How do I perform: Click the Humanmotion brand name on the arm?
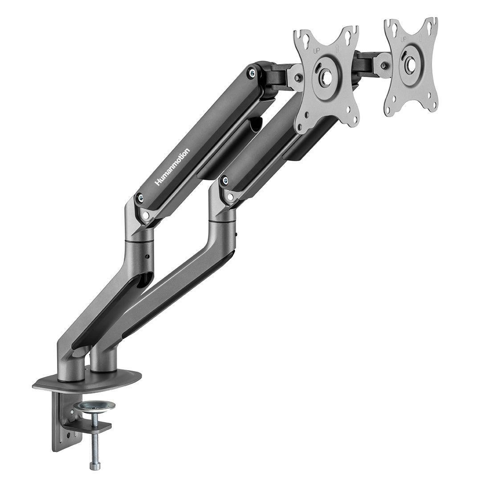click(172, 167)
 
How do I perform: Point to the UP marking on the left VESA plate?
click(316, 52)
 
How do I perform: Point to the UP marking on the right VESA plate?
click(403, 39)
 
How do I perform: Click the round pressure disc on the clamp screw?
click(94, 406)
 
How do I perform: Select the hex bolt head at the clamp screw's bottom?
click(95, 466)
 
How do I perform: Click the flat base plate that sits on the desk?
click(87, 381)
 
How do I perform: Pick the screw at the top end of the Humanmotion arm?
click(252, 71)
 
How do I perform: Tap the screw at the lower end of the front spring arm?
click(225, 180)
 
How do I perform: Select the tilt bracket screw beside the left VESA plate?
click(298, 78)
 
